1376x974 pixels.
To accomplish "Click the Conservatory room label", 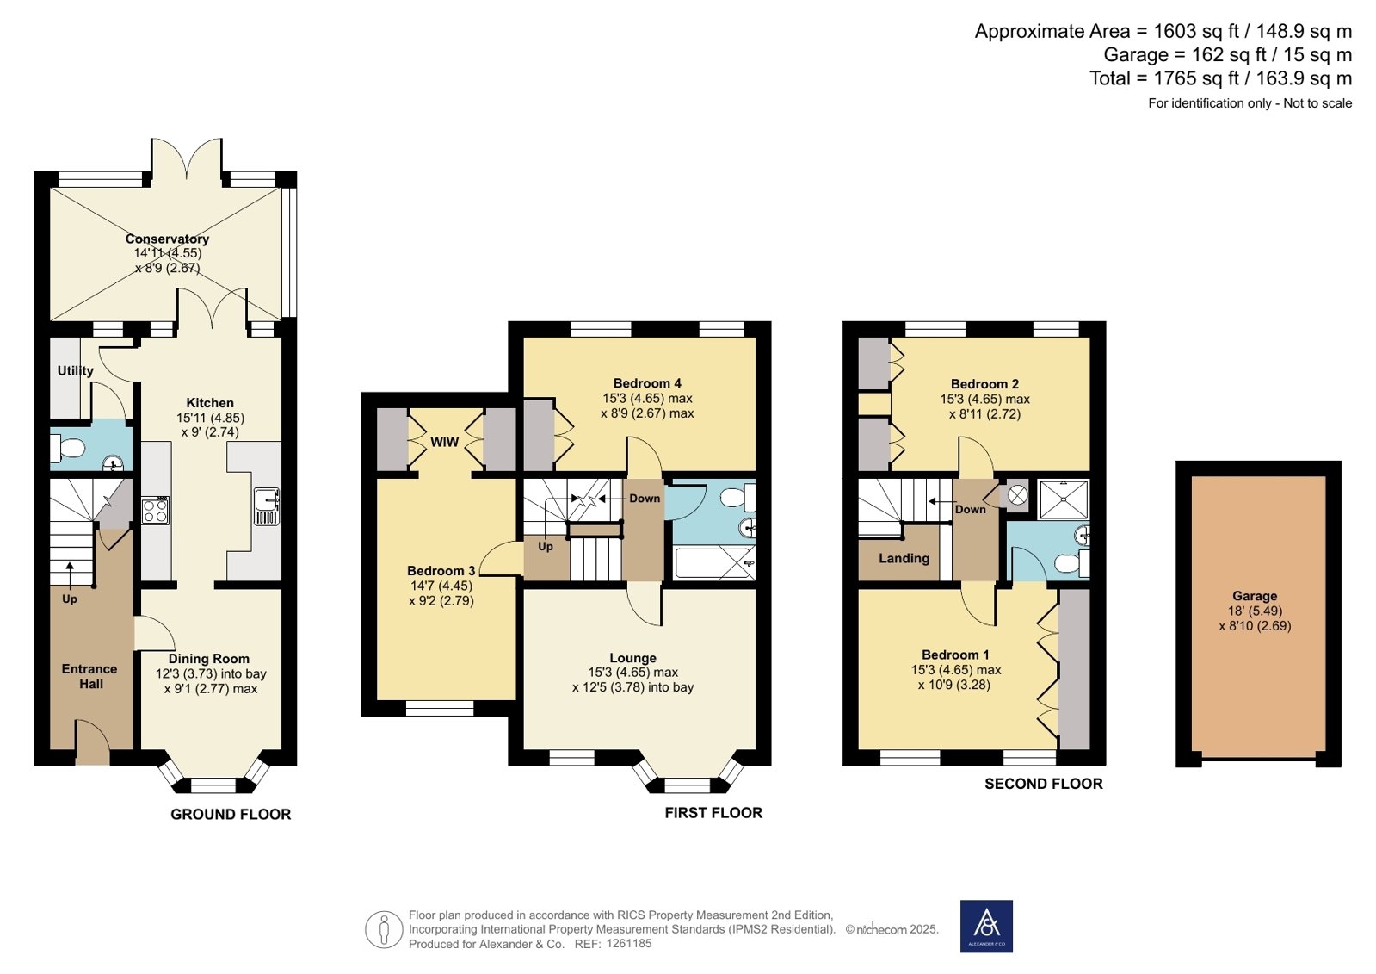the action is pyautogui.click(x=167, y=239).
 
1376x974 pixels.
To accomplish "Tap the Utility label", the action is pyautogui.click(x=76, y=371).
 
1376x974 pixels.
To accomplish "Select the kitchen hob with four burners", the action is pyautogui.click(x=156, y=511).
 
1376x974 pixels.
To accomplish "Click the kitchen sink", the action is pyautogui.click(x=267, y=506).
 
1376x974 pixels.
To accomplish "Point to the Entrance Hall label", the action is pyautogui.click(x=89, y=676).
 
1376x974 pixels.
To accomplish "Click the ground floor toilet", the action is pyautogui.click(x=67, y=448).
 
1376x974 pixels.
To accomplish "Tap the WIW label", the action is pyautogui.click(x=444, y=443).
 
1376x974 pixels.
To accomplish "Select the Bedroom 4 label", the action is pyautogui.click(x=647, y=384).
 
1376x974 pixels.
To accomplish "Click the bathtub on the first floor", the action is pyautogui.click(x=714, y=562).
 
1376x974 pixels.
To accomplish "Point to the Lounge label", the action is pyautogui.click(x=632, y=658).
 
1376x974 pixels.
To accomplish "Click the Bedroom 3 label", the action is pyautogui.click(x=441, y=571).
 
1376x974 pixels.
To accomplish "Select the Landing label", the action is pyautogui.click(x=904, y=558).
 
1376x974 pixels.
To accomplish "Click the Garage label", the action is pyautogui.click(x=1255, y=596).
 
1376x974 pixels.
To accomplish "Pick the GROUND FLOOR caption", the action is pyautogui.click(x=231, y=814).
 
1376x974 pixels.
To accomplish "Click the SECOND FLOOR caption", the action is pyautogui.click(x=1044, y=784).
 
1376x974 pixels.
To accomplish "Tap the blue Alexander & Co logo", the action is pyautogui.click(x=986, y=926).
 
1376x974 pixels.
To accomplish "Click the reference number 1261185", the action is pyautogui.click(x=628, y=943).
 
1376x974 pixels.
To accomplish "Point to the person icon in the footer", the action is pyautogui.click(x=384, y=928).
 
